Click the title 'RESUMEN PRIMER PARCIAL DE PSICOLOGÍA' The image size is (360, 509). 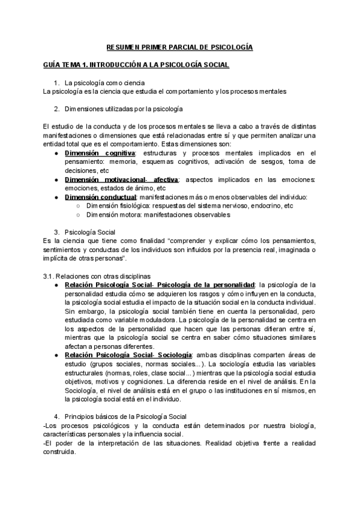pos(179,46)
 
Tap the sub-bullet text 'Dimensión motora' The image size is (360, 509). pos(116,214)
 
